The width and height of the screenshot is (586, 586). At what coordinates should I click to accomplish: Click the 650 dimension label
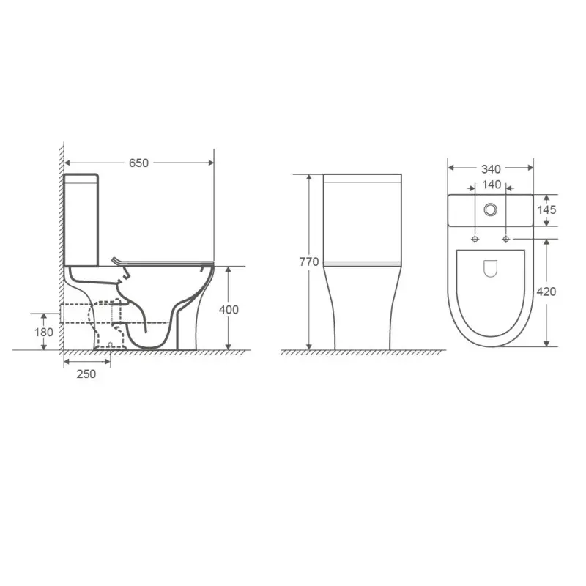point(138,163)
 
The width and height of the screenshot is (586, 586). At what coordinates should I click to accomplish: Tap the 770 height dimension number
point(309,262)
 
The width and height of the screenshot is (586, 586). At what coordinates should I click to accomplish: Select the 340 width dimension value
point(491,169)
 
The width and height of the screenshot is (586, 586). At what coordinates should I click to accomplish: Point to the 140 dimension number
point(492,185)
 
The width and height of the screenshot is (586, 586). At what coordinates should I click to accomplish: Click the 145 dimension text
point(546,209)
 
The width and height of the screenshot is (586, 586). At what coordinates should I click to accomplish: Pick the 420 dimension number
point(546,292)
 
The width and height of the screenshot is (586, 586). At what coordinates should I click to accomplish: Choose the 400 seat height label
point(229,309)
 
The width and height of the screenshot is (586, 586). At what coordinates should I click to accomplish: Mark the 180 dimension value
point(44,332)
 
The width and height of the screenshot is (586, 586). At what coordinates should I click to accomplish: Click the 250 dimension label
point(86,374)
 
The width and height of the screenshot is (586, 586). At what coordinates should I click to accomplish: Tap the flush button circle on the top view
point(490,209)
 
